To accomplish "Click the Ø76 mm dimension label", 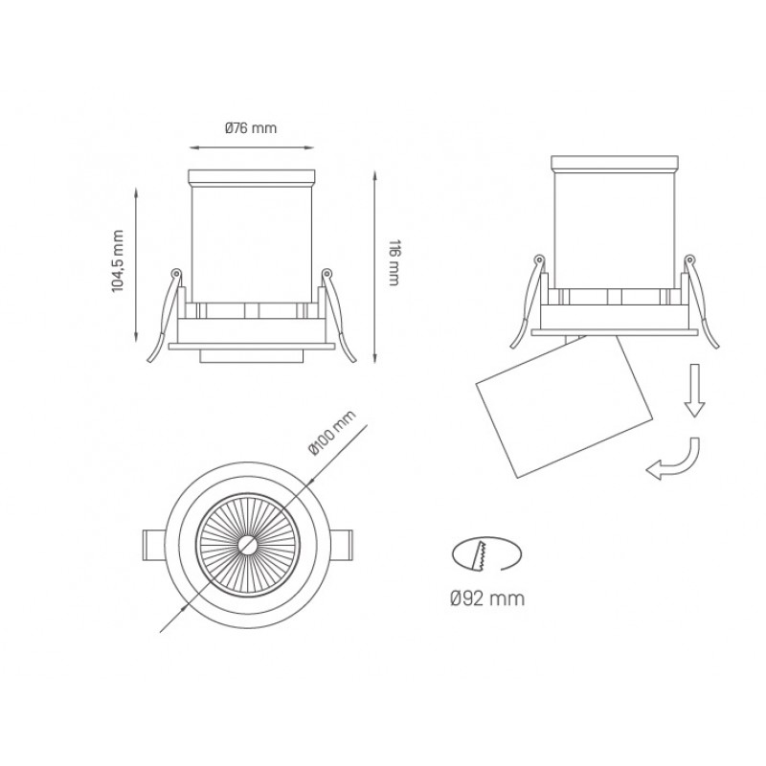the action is click(251, 128).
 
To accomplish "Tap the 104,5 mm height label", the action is click(118, 260).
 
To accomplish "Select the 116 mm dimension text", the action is click(394, 262).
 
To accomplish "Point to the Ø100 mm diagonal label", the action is click(332, 433).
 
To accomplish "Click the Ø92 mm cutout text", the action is click(487, 597).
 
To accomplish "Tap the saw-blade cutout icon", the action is click(487, 554).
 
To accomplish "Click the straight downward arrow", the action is click(694, 391).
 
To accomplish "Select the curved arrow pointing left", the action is click(673, 461).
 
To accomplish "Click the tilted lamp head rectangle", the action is click(564, 406).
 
